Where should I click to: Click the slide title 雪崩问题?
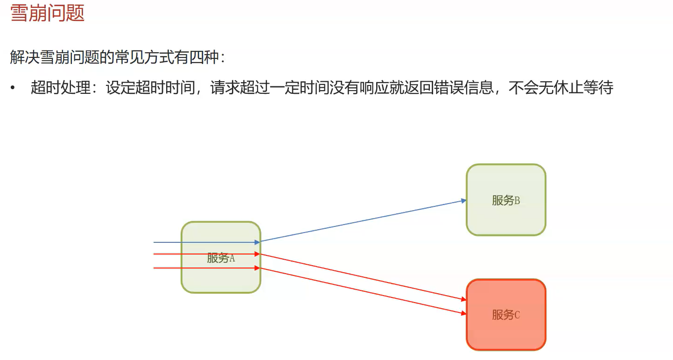[x=47, y=13]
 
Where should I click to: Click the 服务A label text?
[x=221, y=258]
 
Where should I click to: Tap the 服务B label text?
[x=506, y=200]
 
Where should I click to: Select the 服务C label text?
[x=506, y=315]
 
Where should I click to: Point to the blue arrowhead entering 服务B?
[x=463, y=201]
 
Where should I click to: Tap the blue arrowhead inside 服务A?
[x=257, y=242]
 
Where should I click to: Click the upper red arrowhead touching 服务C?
[x=463, y=299]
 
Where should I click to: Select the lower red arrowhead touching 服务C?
[x=463, y=313]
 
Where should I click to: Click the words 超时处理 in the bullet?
[x=60, y=88]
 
